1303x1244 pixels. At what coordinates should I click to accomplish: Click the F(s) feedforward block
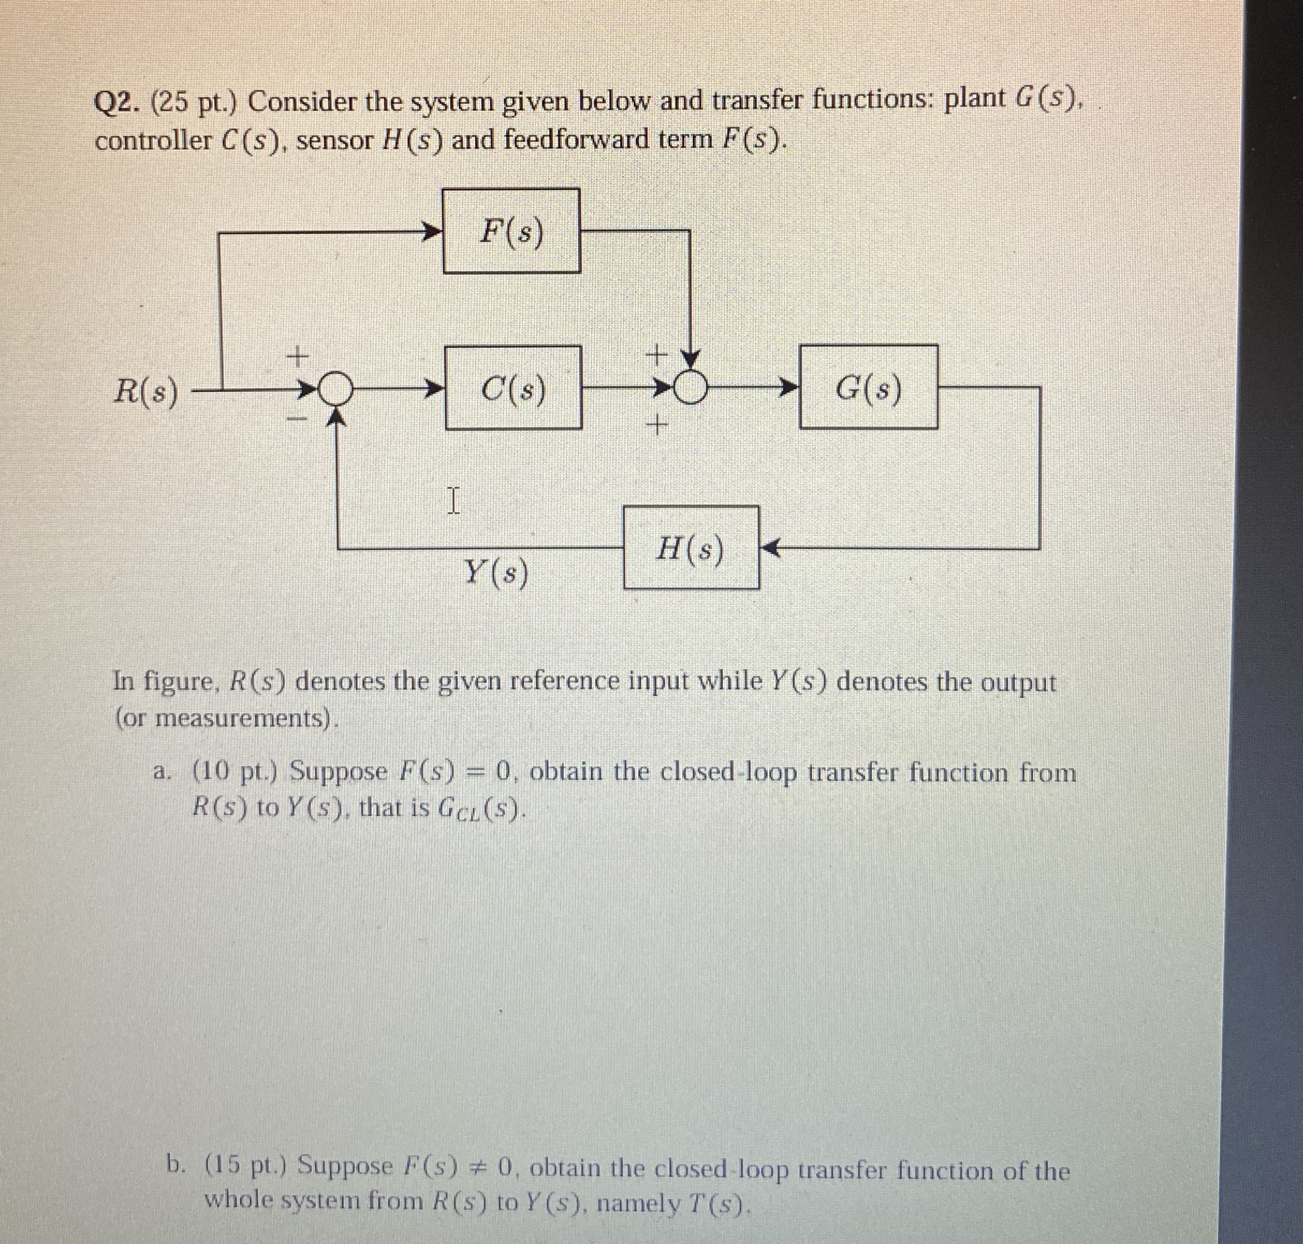coord(511,231)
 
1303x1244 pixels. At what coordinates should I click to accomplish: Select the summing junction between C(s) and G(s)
coord(690,386)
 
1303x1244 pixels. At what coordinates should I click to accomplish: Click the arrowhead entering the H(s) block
coord(768,548)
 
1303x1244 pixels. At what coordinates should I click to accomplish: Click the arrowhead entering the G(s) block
coord(788,386)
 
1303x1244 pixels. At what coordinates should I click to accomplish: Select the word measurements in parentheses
coord(241,718)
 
